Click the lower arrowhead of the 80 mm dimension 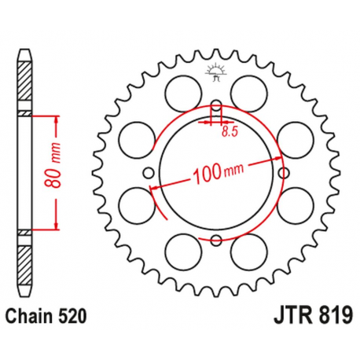click(57, 228)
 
